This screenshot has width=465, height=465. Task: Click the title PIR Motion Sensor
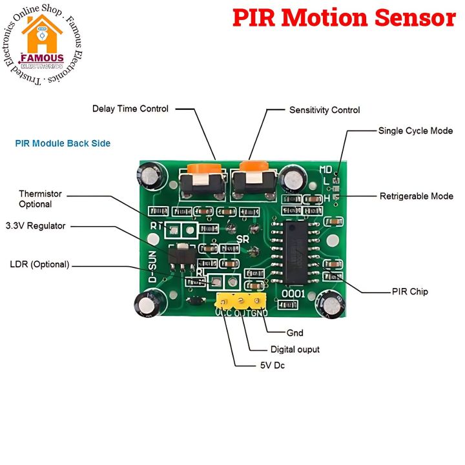pyautogui.click(x=344, y=18)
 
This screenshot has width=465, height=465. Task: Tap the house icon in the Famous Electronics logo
pyautogui.click(x=41, y=39)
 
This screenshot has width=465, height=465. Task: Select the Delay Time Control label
pyautogui.click(x=130, y=109)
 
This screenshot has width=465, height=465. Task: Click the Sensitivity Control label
pyautogui.click(x=324, y=110)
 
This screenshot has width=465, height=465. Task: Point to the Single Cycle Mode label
pyautogui.click(x=415, y=130)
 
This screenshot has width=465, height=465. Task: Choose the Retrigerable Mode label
pyautogui.click(x=416, y=196)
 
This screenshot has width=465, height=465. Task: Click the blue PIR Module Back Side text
pyautogui.click(x=63, y=143)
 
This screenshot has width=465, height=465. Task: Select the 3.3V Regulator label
pyautogui.click(x=36, y=226)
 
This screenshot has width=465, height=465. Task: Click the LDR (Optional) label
pyautogui.click(x=39, y=264)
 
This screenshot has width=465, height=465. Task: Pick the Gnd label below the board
pyautogui.click(x=294, y=333)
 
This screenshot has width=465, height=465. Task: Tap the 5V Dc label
pyautogui.click(x=268, y=366)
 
